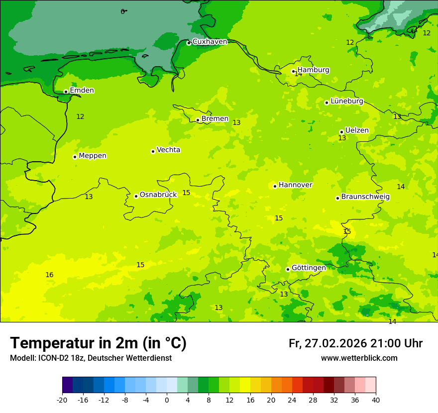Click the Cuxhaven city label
click(210, 42)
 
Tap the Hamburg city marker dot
click(294, 71)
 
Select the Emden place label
click(82, 91)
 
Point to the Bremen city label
click(215, 119)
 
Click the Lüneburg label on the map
click(346, 101)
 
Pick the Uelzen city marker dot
click(341, 132)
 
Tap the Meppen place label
click(92, 156)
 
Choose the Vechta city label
click(168, 150)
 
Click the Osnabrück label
click(158, 195)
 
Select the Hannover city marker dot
click(275, 186)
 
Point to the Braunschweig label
click(365, 197)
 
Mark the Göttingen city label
click(309, 268)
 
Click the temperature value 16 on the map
click(49, 275)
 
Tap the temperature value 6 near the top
click(122, 11)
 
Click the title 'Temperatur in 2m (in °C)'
click(98, 343)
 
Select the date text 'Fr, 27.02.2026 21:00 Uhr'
click(355, 343)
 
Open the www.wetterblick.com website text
click(359, 358)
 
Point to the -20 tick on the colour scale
click(62, 400)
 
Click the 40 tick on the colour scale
click(376, 400)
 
